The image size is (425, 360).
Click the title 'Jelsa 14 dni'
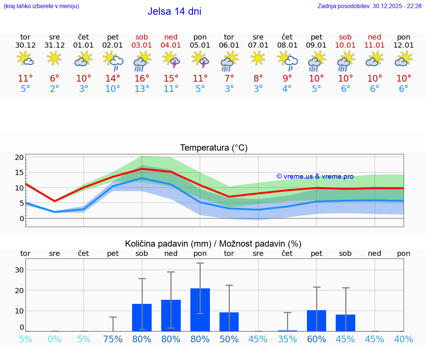point(174,11)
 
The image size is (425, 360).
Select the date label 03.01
point(142,45)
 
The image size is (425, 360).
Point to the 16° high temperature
point(142,78)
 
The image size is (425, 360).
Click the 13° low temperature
point(142,89)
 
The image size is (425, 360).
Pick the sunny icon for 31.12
point(55,58)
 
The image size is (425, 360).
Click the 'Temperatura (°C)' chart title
point(214,148)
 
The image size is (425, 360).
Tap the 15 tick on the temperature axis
point(20,172)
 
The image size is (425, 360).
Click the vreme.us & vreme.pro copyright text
point(315,176)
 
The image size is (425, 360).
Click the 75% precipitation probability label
point(113,339)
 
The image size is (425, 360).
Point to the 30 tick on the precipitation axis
point(20,270)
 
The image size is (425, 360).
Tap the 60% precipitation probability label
point(317,339)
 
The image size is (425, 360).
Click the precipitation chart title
point(213,244)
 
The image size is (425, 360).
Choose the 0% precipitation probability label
point(55,339)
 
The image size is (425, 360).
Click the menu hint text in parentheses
point(41,6)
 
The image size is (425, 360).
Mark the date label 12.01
point(404,45)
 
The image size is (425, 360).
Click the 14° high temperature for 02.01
point(113,78)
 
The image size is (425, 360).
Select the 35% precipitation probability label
point(287,339)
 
